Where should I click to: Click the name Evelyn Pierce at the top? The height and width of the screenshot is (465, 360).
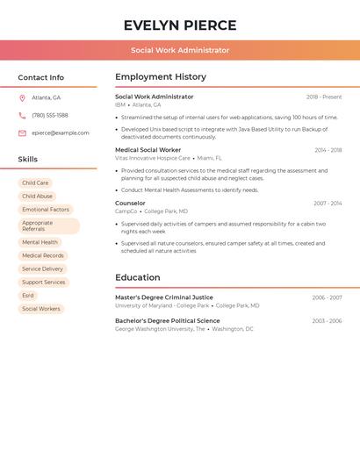tap(180, 25)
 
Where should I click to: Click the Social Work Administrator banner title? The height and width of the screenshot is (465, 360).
tap(180, 50)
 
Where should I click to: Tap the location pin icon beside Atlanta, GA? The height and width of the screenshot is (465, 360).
tap(22, 97)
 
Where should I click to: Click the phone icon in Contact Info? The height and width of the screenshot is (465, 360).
tap(22, 115)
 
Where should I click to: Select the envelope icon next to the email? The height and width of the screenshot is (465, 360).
tap(22, 133)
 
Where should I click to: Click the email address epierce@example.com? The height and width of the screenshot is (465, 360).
tap(61, 133)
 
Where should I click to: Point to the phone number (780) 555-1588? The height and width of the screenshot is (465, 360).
tap(50, 115)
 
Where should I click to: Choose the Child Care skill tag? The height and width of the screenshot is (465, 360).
tap(35, 183)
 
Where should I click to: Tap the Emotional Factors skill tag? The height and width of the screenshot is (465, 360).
tap(46, 210)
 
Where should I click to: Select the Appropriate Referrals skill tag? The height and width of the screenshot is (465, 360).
tap(49, 225)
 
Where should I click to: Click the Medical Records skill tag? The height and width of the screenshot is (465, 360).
tap(43, 255)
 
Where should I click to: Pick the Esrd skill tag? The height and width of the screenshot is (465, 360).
tap(28, 296)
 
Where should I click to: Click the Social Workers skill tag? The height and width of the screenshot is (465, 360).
tap(41, 309)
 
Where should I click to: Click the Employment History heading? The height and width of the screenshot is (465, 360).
tap(161, 77)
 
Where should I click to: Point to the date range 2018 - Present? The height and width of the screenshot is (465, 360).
tap(324, 97)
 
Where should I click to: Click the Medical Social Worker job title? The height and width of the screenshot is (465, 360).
tap(148, 150)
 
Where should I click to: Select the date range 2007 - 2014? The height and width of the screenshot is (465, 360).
tap(328, 204)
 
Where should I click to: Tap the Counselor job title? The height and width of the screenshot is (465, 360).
tap(130, 204)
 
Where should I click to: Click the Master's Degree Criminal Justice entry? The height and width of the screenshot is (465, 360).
tap(163, 297)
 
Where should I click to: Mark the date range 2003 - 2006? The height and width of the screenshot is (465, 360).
tap(327, 321)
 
